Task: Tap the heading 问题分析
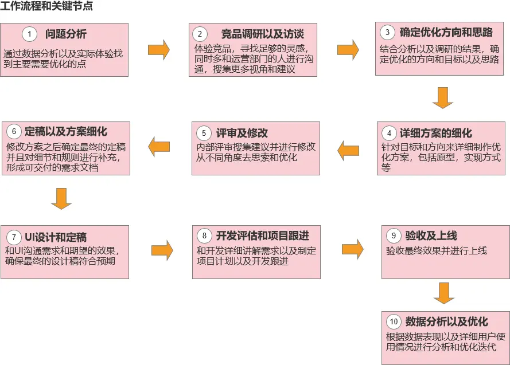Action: click(66, 34)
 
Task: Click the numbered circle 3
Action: click(387, 32)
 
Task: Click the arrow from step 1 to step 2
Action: click(159, 50)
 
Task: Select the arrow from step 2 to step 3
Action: click(348, 50)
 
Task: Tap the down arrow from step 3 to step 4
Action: click(443, 97)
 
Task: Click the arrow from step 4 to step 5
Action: click(348, 151)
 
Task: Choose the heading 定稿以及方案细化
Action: click(66, 132)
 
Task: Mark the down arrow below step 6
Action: click(61, 198)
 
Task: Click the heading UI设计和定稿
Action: click(56, 237)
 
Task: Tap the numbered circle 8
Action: click(204, 236)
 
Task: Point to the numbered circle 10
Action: click(393, 321)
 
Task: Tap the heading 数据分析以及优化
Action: click(446, 321)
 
